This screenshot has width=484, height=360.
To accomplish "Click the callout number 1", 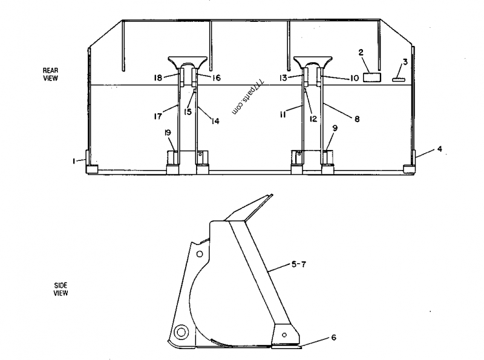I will pos(73,160).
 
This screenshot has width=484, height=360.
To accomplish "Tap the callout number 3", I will pos(405,61).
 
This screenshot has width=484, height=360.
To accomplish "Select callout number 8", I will pos(357,119).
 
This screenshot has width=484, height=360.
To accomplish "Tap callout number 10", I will pos(355,78).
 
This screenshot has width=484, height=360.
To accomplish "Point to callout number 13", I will pos(283,78).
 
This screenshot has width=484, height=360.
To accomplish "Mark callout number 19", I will pos(169,133).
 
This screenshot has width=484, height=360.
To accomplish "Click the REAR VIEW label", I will pos(50,74).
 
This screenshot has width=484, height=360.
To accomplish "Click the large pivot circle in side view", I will pos(180,332).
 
